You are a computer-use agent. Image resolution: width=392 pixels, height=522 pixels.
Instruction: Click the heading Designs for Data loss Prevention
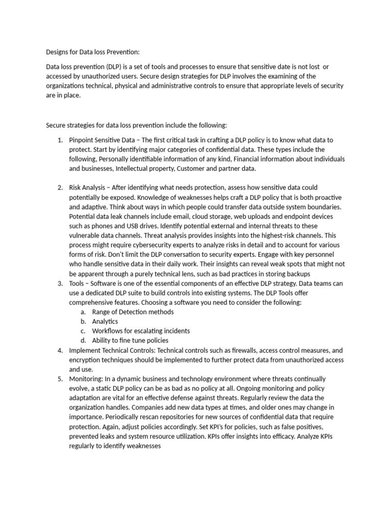[92, 51]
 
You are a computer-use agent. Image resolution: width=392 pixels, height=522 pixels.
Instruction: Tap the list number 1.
[60, 140]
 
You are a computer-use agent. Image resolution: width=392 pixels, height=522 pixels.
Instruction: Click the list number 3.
[60, 283]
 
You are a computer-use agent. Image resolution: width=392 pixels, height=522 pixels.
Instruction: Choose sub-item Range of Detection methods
[133, 312]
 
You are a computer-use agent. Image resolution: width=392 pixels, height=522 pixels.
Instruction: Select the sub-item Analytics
[105, 322]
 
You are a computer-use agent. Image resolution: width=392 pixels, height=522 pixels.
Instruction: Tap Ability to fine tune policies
[130, 341]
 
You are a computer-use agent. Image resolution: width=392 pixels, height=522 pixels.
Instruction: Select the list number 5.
[60, 379]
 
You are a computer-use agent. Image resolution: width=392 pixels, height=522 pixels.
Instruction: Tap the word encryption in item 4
[86, 359]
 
